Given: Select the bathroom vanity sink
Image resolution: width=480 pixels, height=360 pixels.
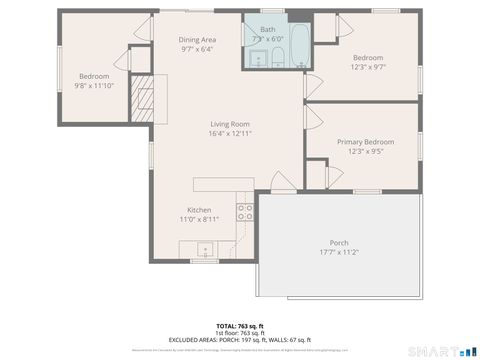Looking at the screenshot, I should (x=256, y=60).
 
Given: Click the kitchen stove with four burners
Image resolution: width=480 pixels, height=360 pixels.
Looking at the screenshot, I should (x=243, y=211).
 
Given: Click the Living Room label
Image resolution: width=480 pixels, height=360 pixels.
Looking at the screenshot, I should (x=229, y=123).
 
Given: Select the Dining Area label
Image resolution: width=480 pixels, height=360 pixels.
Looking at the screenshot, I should (x=197, y=39).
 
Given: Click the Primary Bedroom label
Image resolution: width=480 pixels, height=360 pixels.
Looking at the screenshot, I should (x=360, y=142).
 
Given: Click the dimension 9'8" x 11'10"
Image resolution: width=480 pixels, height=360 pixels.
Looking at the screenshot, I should (x=95, y=86).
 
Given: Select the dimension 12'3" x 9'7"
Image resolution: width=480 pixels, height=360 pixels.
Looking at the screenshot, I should (x=367, y=66).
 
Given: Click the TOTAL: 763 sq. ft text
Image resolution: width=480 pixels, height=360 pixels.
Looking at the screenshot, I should (x=240, y=326).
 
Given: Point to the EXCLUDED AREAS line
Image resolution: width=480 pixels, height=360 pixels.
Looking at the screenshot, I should (x=240, y=340).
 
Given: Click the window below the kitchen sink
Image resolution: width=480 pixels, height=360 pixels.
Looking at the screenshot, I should (x=205, y=261).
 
